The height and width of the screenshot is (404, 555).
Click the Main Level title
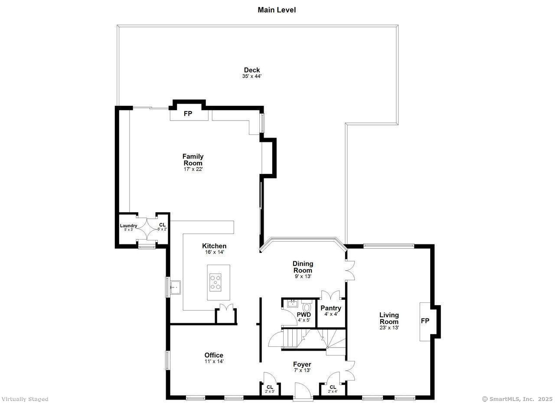[x=277, y=10]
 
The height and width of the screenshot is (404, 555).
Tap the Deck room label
[x=252, y=70]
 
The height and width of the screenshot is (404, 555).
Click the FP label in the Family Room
[x=188, y=114]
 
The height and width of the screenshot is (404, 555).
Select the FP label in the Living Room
[x=425, y=321]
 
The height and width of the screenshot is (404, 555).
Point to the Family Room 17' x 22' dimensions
[x=193, y=169]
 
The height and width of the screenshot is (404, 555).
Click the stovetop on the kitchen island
[x=215, y=282]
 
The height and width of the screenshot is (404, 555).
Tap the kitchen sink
[x=175, y=287]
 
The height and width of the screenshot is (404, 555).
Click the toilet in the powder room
[x=307, y=306]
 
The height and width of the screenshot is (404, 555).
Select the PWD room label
[x=304, y=315]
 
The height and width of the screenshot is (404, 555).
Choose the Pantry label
[x=331, y=308]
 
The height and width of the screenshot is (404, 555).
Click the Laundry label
[x=128, y=226]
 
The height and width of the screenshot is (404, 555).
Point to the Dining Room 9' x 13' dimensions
[x=303, y=276]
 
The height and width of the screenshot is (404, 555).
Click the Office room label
[x=214, y=355]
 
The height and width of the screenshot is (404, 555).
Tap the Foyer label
[x=302, y=365]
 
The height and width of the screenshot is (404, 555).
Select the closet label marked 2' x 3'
[x=270, y=389]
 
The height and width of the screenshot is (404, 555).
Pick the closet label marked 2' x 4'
[x=333, y=389]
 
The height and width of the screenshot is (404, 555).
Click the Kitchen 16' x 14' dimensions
[x=214, y=252]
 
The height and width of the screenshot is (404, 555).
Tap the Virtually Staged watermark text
[x=25, y=399]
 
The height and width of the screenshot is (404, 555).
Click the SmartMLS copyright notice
[x=517, y=399]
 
